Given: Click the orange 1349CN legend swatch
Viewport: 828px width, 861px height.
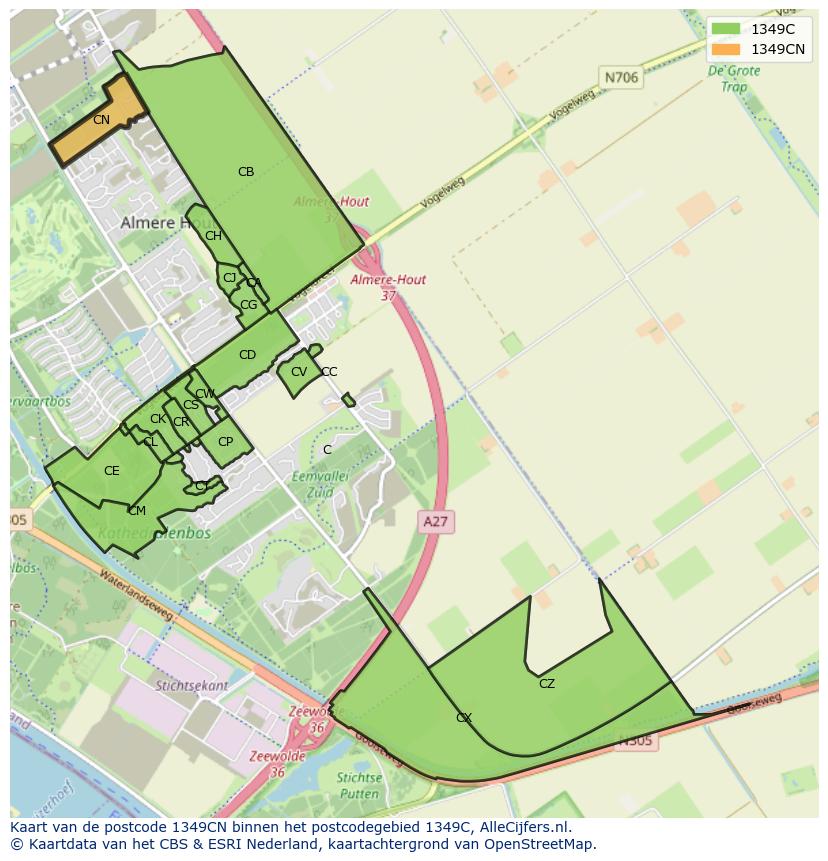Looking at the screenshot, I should click(x=726, y=49).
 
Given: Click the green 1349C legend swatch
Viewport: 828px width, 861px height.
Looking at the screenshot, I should click(x=726, y=28).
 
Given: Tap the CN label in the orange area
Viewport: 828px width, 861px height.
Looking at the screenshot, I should click(x=101, y=120).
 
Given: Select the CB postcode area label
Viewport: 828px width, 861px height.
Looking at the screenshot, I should click(x=246, y=172).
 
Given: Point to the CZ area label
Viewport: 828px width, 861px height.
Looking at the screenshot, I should click(x=546, y=684).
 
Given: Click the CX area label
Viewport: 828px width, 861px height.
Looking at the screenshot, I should click(x=464, y=718).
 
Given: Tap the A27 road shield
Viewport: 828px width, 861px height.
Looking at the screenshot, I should click(x=435, y=521).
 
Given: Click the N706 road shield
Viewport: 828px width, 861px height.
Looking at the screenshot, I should click(x=620, y=76).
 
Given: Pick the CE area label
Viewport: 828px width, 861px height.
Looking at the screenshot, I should click(x=112, y=471).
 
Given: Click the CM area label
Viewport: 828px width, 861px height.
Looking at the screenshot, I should click(x=137, y=511).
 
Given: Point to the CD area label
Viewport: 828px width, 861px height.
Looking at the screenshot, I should click(x=247, y=355).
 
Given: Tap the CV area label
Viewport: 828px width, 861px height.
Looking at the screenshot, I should click(x=298, y=372).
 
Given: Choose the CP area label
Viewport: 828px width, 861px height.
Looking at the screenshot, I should click(x=225, y=442).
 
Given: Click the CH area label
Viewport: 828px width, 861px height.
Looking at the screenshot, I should click(x=213, y=236).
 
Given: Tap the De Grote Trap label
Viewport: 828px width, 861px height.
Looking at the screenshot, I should click(x=727, y=79).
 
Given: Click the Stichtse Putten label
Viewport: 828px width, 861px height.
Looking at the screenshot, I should click(x=359, y=785).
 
